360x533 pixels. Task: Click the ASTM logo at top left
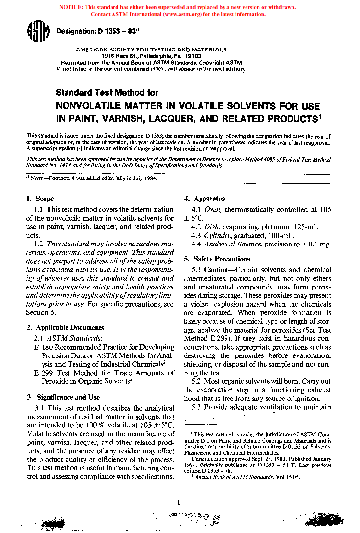coord(38,33)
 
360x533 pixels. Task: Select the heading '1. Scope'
coord(40,199)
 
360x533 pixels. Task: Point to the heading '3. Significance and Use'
coord(63,397)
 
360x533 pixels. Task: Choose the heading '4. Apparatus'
coord(204,199)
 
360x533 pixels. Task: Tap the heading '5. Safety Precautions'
coord(217,259)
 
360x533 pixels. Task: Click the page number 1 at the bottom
coord(179,502)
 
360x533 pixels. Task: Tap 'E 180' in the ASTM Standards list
coord(43,347)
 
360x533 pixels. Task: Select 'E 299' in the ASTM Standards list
coord(43,373)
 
